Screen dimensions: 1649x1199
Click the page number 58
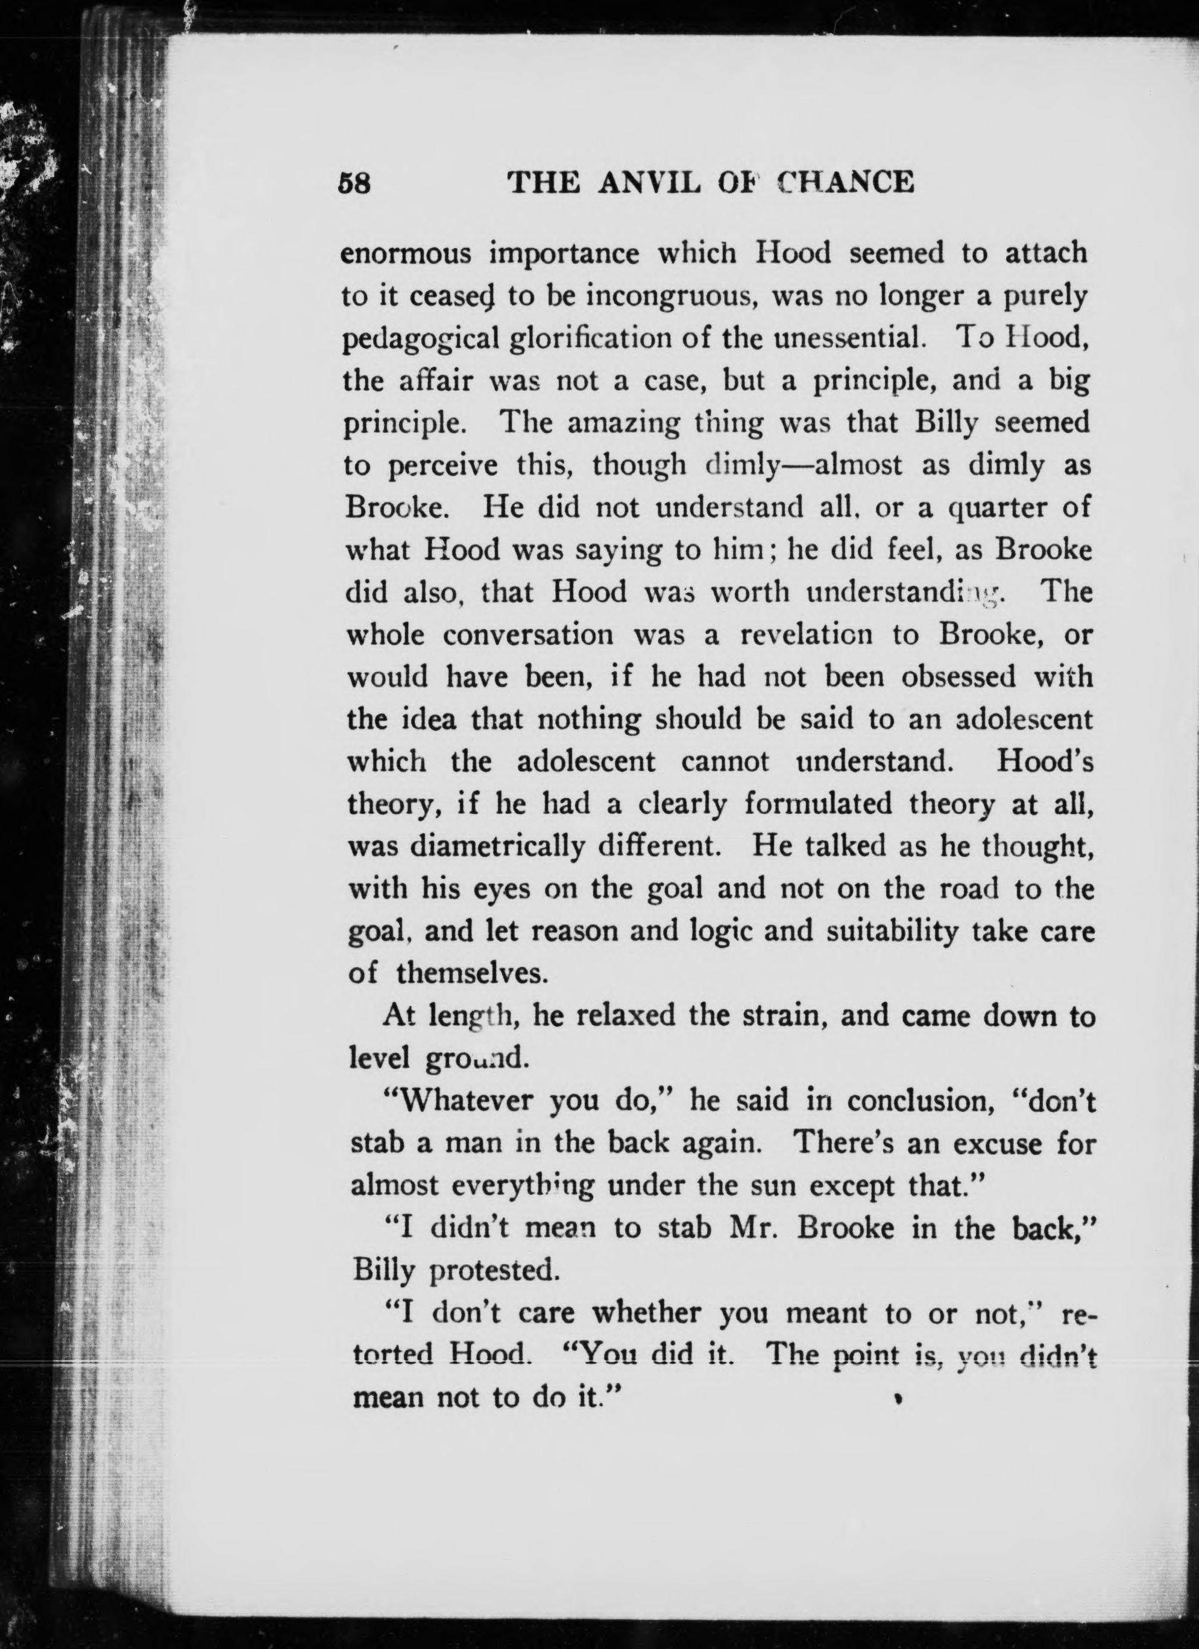(355, 183)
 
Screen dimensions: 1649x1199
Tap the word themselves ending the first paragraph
(471, 974)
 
